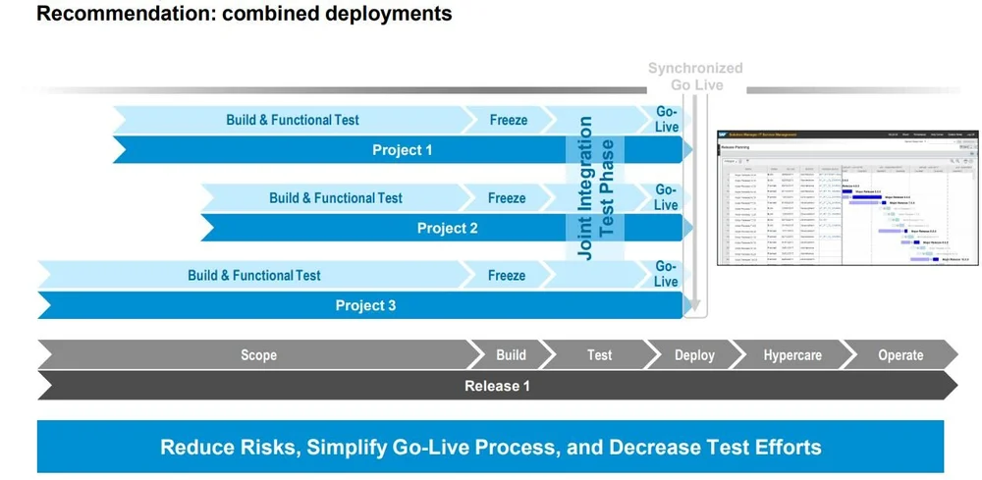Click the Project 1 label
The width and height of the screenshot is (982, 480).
(x=402, y=150)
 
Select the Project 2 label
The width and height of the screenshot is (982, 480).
(x=447, y=228)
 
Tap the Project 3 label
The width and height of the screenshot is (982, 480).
(x=365, y=305)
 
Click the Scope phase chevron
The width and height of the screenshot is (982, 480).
(x=259, y=355)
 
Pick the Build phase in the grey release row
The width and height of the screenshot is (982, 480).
(x=511, y=355)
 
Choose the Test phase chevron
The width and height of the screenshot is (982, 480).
(x=599, y=355)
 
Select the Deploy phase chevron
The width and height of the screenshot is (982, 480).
(x=694, y=355)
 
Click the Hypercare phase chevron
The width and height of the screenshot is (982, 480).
(x=792, y=355)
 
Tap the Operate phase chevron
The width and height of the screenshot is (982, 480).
(x=900, y=355)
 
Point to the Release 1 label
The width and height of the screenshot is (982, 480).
(x=497, y=386)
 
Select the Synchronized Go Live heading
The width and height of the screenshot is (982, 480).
(x=695, y=77)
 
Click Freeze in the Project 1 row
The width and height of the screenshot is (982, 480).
(x=508, y=120)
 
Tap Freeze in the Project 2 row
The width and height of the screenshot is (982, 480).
(x=507, y=197)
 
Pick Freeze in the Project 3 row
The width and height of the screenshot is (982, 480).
(x=507, y=275)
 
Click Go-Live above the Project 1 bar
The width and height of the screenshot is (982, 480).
(x=666, y=120)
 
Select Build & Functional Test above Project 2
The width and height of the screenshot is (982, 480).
(x=336, y=197)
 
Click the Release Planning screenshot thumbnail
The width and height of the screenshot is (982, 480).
(x=846, y=196)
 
